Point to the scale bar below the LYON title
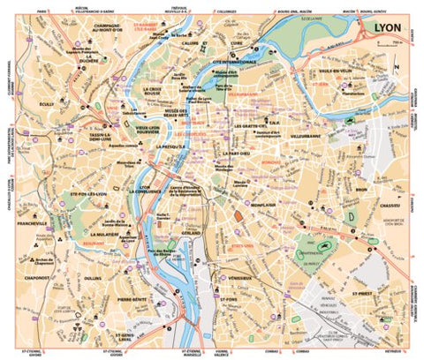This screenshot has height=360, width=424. coord(389,42)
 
